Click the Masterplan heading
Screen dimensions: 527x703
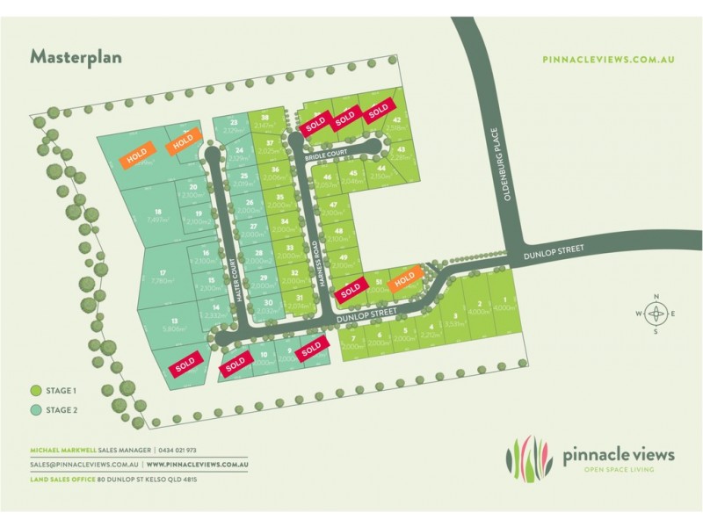76,57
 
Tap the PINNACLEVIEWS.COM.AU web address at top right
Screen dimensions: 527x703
608,59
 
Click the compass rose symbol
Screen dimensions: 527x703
656,314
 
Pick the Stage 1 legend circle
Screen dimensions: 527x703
36,391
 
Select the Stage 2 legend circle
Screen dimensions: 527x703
36,409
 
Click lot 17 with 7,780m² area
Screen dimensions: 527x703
163,276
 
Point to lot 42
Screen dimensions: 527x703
397,121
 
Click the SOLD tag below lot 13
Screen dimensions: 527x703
185,364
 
